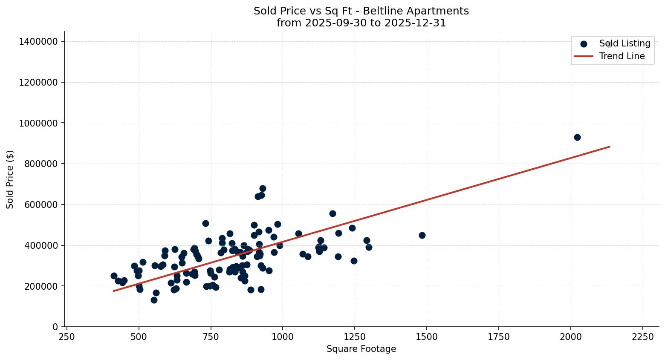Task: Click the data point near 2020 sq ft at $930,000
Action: coord(577,137)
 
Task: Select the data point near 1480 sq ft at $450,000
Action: coord(422,235)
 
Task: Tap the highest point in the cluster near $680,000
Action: coord(263,188)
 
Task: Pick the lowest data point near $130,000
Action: coord(154,300)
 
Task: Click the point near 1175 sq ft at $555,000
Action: coord(332,213)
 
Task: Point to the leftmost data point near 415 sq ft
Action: coord(114,276)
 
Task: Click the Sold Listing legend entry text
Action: coord(625,43)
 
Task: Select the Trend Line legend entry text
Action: coord(622,56)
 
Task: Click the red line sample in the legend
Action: coord(583,56)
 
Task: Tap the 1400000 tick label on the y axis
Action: coord(38,41)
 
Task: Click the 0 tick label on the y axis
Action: coord(55,327)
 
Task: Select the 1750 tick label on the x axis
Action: coord(499,337)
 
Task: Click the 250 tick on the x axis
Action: coord(66,337)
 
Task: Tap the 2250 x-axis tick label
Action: coord(642,337)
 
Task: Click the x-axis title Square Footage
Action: coord(361,349)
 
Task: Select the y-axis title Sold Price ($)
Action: coord(10,179)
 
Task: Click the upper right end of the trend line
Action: coord(609,147)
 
